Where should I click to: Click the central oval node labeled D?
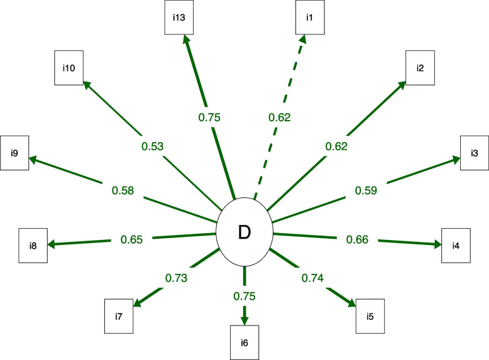click(244, 232)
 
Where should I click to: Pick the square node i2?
click(420, 68)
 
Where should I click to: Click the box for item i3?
click(475, 153)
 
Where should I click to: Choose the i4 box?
click(456, 244)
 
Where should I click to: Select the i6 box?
click(244, 342)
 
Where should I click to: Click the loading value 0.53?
click(153, 146)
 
